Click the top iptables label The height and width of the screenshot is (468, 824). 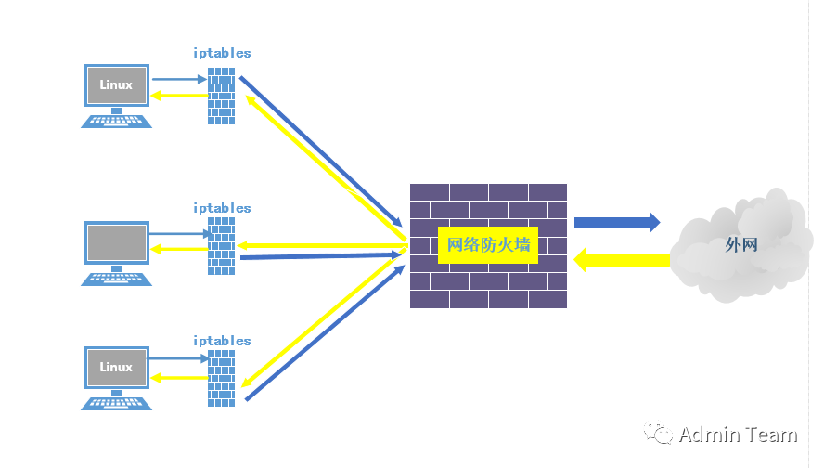222,53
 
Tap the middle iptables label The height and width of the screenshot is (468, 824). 222,208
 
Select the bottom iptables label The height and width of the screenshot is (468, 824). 222,342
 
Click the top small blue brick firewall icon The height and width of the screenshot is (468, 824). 221,96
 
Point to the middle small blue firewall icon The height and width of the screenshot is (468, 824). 221,246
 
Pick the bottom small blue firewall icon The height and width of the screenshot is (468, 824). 221,379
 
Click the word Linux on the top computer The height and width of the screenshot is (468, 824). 116,84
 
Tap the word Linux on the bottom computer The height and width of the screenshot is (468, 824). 116,367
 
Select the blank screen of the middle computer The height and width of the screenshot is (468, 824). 117,242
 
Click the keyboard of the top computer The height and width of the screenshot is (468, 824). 116,122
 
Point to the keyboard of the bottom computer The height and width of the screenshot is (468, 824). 116,404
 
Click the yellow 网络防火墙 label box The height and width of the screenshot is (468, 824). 488,245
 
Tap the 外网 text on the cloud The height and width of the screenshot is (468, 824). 741,244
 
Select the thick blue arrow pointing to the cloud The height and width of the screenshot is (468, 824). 617,223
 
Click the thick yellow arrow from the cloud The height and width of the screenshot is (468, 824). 622,260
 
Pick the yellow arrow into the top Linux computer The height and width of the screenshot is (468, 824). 179,96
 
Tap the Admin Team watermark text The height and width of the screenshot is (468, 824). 738,435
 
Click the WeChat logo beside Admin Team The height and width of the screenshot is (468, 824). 658,433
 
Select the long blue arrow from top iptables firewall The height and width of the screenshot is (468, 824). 320,151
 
